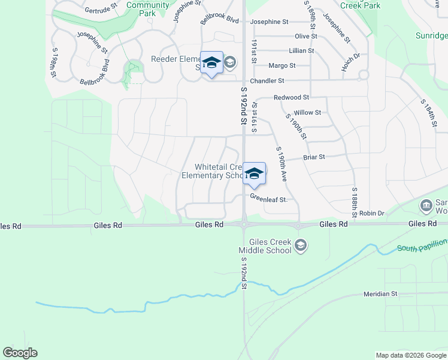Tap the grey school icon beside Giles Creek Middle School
(301, 245)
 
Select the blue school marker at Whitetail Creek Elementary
(254, 174)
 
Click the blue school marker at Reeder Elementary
(211, 63)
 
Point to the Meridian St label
(380, 294)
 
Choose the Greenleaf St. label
(269, 197)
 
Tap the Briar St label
(314, 157)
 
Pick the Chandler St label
(267, 80)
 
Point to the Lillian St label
(301, 51)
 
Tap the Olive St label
(305, 37)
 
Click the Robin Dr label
(371, 213)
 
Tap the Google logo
(20, 353)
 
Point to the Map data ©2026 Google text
(410, 355)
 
